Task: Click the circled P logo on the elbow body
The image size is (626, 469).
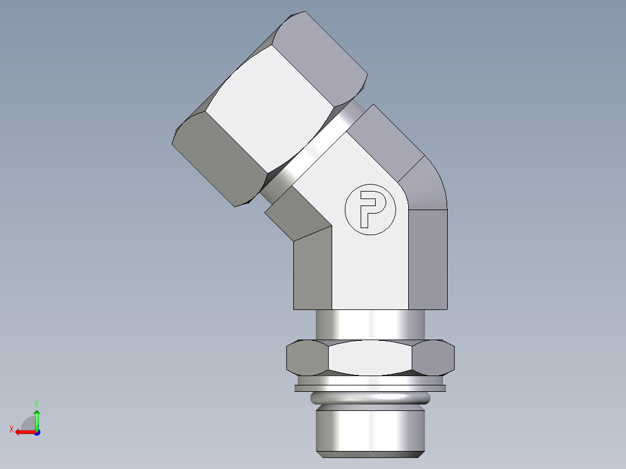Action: pyautogui.click(x=370, y=210)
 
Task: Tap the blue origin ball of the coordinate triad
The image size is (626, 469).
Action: pyautogui.click(x=37, y=432)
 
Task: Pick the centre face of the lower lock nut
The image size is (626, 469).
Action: pyautogui.click(x=370, y=357)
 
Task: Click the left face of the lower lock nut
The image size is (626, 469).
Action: pyautogui.click(x=307, y=357)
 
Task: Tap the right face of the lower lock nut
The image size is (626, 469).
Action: pyautogui.click(x=434, y=357)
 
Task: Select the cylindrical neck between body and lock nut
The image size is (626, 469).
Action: pyautogui.click(x=370, y=325)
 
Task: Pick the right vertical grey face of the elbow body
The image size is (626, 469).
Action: pyautogui.click(x=428, y=258)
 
